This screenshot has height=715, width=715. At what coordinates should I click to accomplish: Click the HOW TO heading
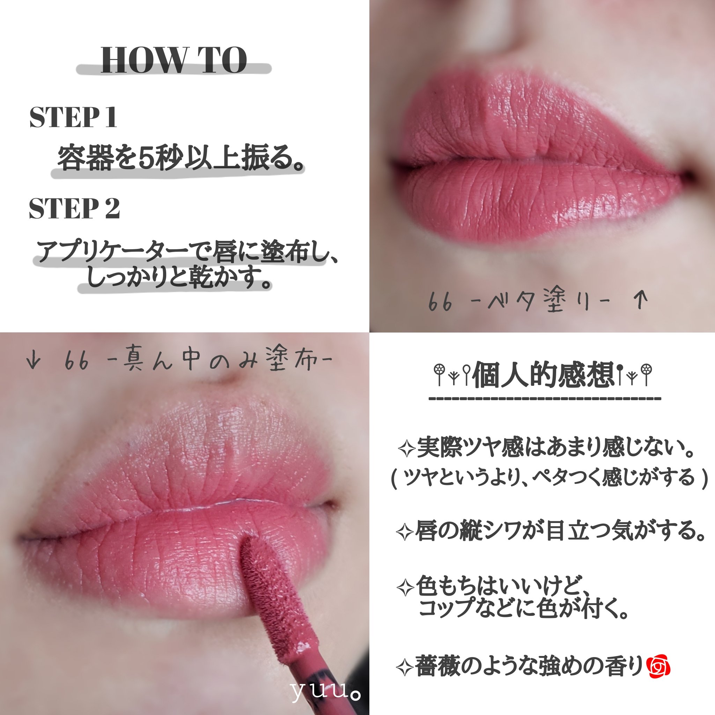pos(174,60)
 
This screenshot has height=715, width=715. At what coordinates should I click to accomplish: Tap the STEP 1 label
pos(73,117)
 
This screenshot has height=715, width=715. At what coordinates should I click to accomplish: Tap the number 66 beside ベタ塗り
pos(440,302)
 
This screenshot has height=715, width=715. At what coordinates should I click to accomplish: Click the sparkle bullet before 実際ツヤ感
pos(406,449)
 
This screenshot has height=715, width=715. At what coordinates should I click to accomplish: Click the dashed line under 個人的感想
pos(545,399)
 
